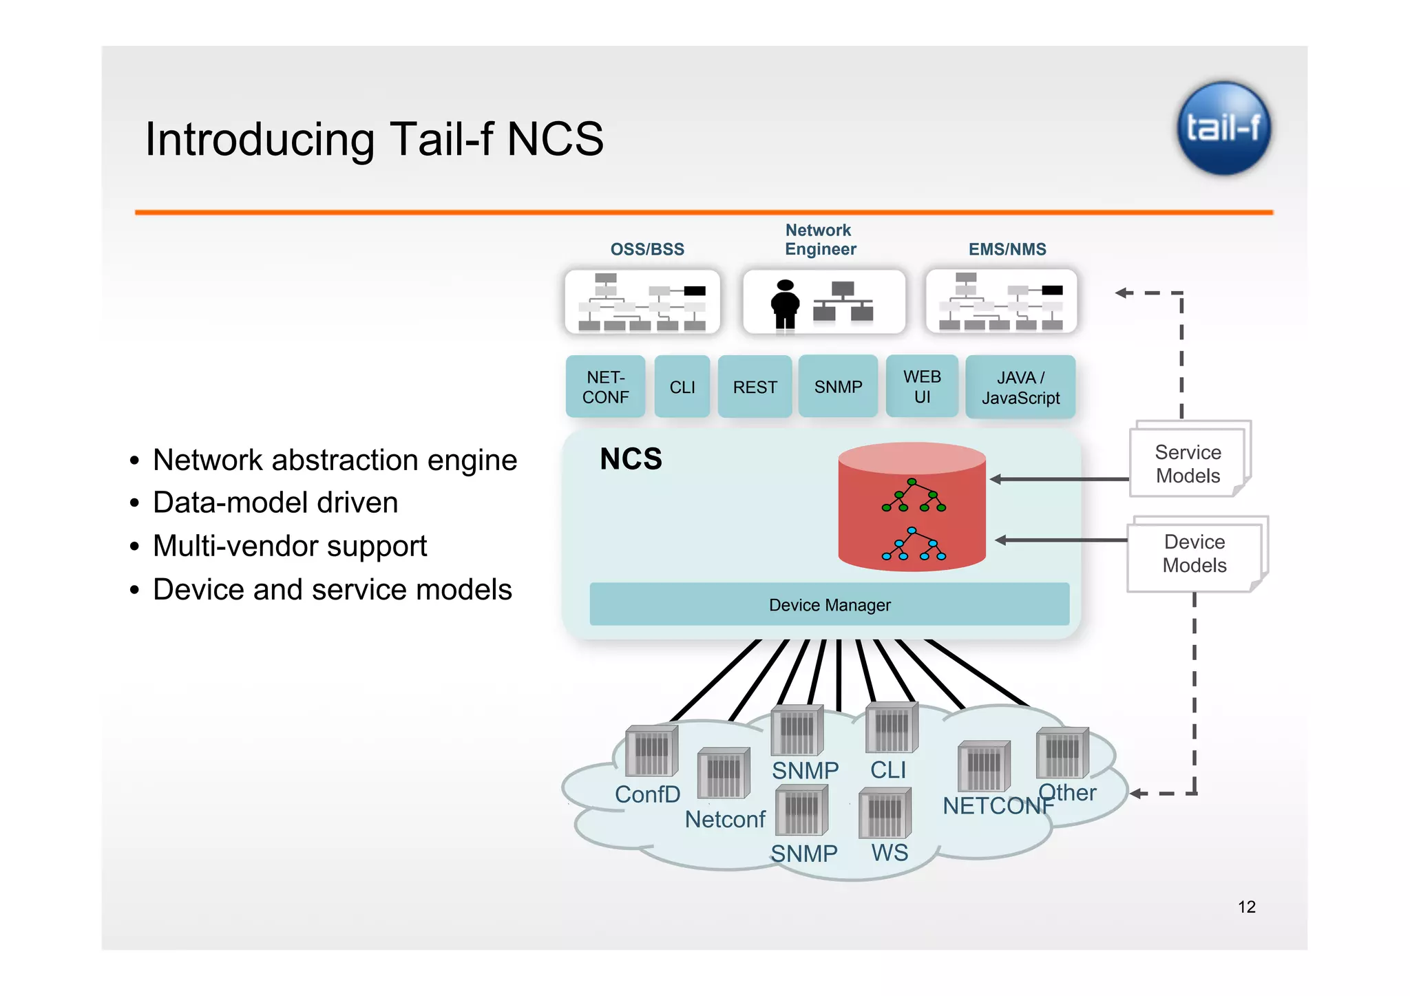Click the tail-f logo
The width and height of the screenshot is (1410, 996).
[1223, 128]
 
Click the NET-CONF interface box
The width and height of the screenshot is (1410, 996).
[605, 387]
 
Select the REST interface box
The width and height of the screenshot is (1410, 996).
[755, 387]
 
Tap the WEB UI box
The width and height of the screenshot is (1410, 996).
[922, 386]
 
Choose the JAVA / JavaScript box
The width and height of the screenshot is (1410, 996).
[1020, 387]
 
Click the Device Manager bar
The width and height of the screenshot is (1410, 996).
[829, 604]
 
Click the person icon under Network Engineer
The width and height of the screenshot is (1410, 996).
[785, 304]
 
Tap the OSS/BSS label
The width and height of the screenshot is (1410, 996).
[647, 249]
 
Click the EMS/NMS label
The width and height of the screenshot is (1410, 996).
[1007, 249]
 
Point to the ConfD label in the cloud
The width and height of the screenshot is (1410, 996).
[647, 794]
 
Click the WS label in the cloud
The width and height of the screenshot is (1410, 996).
[890, 852]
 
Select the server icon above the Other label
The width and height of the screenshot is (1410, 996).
[1062, 752]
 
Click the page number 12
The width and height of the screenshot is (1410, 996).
[1246, 907]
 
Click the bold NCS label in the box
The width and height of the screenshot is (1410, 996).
[631, 458]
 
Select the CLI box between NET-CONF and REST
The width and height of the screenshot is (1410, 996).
[682, 387]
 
